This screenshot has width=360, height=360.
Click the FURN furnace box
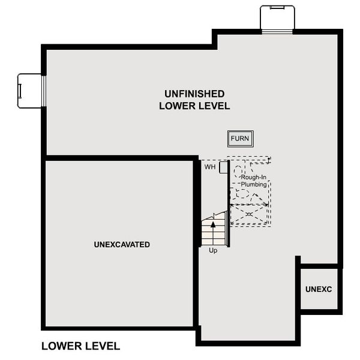[x=240, y=139]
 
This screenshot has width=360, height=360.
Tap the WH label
[x=209, y=167]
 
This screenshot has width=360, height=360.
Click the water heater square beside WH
[x=223, y=167]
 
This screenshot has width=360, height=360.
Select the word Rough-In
[x=253, y=178]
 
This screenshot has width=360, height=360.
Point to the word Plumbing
[x=253, y=185]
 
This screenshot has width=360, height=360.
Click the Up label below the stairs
[x=213, y=250]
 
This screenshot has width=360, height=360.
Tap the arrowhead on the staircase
[x=212, y=224]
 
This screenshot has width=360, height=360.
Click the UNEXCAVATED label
[x=122, y=245]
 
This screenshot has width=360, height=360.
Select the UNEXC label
[x=318, y=289]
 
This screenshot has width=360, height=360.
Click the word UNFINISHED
[x=194, y=94]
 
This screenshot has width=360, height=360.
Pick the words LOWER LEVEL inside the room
[x=194, y=106]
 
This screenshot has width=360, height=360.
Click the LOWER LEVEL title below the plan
[x=80, y=346]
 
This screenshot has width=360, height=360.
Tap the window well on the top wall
[x=277, y=17]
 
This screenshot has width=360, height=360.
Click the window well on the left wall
[x=30, y=91]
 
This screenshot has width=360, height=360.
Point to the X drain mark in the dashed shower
[x=249, y=214]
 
